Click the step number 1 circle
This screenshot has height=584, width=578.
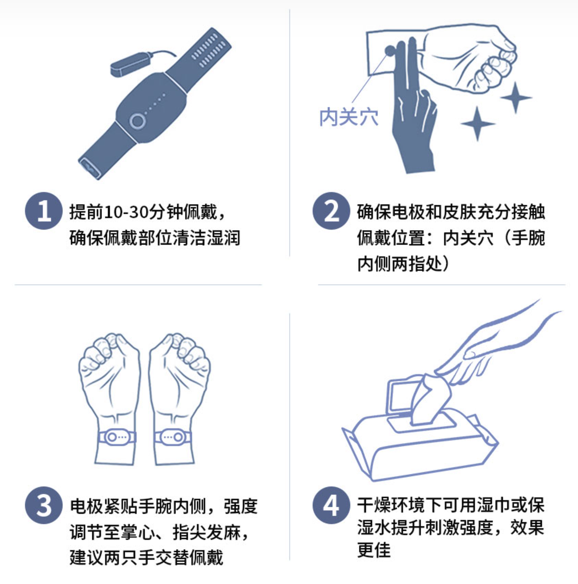[x=44, y=211]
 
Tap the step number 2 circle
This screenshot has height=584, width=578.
[x=331, y=211]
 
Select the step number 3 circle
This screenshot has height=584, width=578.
[x=44, y=505]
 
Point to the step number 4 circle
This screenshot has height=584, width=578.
[x=331, y=505]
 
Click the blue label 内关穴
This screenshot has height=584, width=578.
[x=349, y=117]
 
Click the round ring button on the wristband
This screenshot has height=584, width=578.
[x=138, y=121]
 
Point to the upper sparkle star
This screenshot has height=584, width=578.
[x=516, y=97]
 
